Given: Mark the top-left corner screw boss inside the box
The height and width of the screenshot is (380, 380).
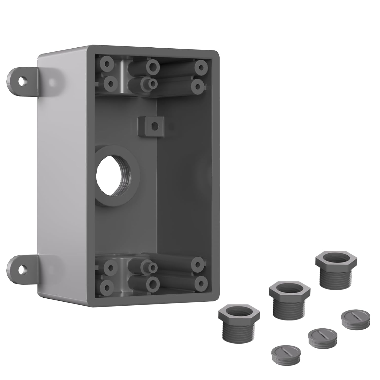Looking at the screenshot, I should point(107,64).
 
